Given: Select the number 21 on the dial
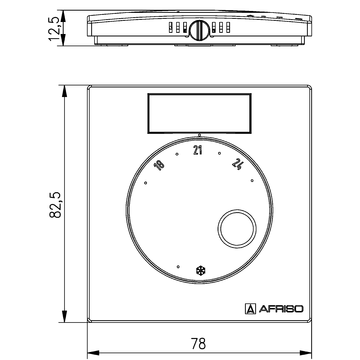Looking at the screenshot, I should pyautogui.click(x=198, y=149).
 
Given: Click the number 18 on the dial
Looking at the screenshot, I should pyautogui.click(x=161, y=165).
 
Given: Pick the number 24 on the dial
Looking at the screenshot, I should pyautogui.click(x=236, y=165).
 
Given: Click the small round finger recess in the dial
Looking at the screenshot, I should pyautogui.click(x=238, y=228).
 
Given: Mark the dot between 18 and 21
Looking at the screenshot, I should pyautogui.click(x=177, y=154).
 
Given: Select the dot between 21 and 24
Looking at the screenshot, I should pyautogui.click(x=219, y=154).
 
